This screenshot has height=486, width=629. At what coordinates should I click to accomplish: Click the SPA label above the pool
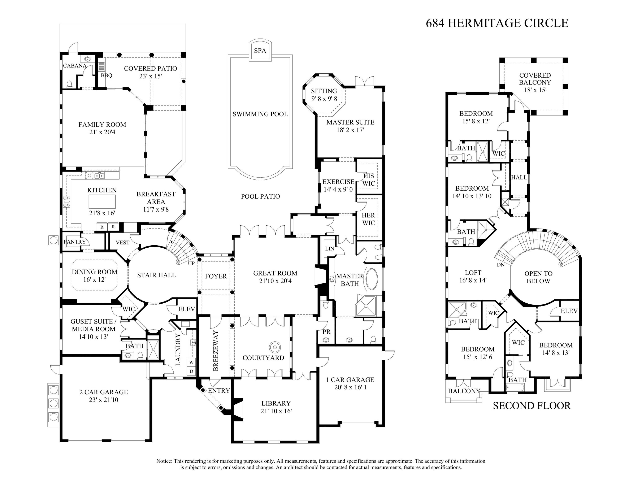pos(260,51)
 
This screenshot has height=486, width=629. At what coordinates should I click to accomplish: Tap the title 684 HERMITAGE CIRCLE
pos(497,23)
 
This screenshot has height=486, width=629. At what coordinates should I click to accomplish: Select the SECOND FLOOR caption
pos(532,406)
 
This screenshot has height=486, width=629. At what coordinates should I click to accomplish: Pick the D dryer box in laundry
pos(191,371)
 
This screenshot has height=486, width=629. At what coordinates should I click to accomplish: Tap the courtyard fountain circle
pos(275,347)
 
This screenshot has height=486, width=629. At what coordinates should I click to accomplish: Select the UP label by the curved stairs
pos(191,263)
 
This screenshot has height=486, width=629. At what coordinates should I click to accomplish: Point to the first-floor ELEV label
pos(187,309)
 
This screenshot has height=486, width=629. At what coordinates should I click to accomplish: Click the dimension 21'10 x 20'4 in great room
pos(275,281)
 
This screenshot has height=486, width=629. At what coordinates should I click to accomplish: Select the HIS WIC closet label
pos(368,180)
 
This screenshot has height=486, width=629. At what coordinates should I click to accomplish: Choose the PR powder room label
pos(326,332)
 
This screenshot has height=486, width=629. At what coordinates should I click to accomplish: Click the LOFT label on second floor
pos(473,273)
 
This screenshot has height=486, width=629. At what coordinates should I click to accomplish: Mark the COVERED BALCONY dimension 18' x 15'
pos(535,90)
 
